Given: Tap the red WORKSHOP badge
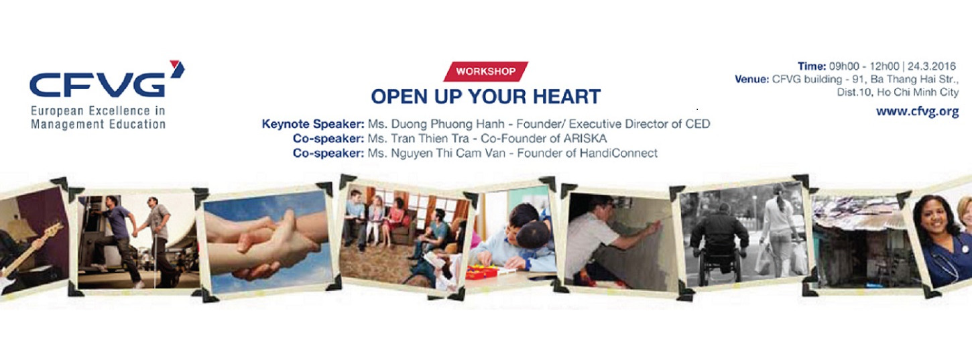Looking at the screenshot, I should [x=486, y=71].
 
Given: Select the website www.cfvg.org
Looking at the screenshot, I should [x=917, y=112].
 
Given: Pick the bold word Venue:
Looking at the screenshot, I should [x=751, y=79].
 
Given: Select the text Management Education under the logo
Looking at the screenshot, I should [x=98, y=124].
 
